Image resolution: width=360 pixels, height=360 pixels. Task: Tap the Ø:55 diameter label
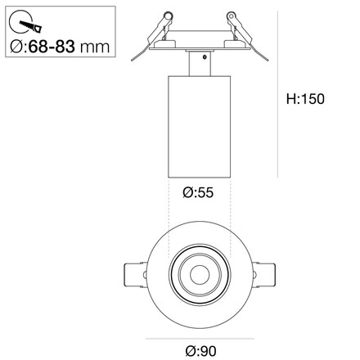point(199,194)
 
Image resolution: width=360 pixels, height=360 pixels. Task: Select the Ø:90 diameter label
point(199,349)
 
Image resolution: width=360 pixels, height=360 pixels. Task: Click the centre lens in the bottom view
point(199,271)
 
